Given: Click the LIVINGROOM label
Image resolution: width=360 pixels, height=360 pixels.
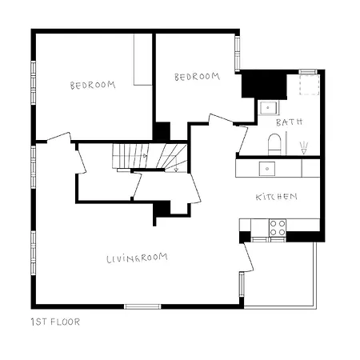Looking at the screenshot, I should tap(142, 258).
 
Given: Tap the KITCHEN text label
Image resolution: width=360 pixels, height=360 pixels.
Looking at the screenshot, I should tap(277, 197).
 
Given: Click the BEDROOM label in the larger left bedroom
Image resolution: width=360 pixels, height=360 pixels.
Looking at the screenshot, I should tap(92, 85).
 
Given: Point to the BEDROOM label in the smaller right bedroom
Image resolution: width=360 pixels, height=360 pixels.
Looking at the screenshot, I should tap(197, 77).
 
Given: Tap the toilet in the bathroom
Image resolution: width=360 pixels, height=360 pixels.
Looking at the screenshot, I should tap(274, 145).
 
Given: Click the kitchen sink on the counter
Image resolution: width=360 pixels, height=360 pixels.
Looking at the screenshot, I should tap(266, 168).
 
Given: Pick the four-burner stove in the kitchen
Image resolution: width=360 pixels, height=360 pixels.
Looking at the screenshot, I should tap(278, 227).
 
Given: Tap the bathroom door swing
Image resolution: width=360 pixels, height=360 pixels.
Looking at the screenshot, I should tap(242, 138).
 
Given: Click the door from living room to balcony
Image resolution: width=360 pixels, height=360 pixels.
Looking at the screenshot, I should tap(248, 260).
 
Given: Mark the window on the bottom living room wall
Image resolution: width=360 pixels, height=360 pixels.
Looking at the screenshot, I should tap(143, 306).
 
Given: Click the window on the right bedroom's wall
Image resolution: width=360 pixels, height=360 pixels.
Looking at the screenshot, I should tap(237, 53).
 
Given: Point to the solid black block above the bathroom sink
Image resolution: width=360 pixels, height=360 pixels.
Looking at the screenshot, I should tap(258, 83).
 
